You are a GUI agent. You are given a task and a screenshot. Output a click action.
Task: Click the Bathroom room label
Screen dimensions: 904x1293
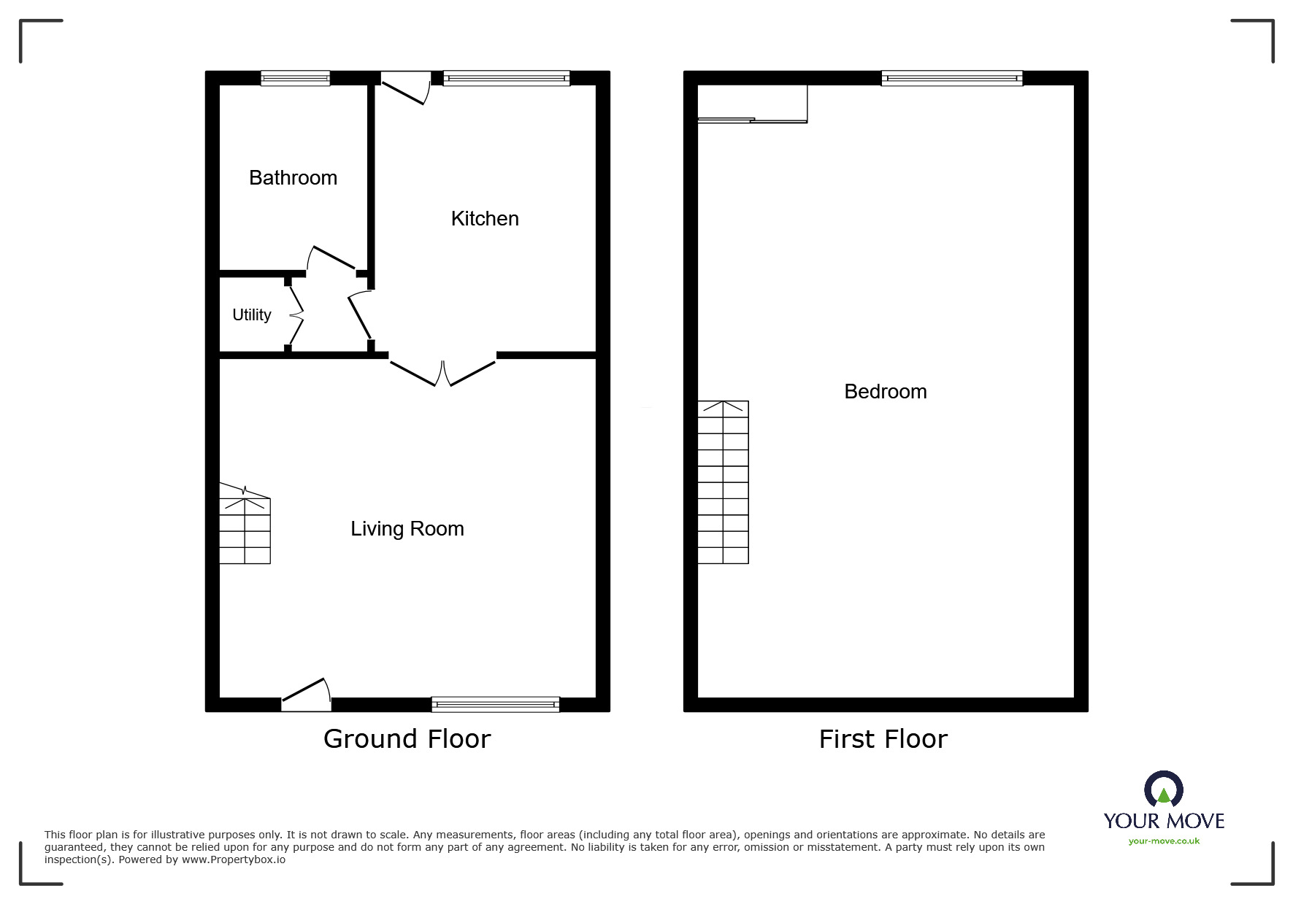click(293, 178)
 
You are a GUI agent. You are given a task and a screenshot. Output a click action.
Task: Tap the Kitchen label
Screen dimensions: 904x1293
click(485, 219)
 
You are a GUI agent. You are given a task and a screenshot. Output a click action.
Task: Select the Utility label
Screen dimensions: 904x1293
click(251, 315)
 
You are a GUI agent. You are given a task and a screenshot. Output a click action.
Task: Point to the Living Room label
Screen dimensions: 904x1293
click(407, 529)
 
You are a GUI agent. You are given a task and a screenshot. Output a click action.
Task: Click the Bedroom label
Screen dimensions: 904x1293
click(885, 392)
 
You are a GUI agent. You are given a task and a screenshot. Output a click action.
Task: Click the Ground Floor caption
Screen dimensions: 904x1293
click(407, 739)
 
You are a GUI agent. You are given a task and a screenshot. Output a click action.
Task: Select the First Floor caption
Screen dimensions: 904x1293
click(883, 739)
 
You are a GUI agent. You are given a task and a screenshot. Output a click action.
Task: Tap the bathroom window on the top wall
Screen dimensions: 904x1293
click(295, 78)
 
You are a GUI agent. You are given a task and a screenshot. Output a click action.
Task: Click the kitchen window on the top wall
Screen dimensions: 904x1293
click(506, 78)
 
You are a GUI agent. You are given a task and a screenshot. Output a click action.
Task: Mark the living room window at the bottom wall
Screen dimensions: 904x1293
click(495, 704)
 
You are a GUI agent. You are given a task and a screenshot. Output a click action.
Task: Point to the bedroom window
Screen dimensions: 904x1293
click(951, 78)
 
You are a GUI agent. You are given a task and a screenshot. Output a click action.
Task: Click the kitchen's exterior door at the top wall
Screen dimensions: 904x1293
click(404, 88)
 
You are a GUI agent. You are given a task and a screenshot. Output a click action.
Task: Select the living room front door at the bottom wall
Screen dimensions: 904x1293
click(307, 695)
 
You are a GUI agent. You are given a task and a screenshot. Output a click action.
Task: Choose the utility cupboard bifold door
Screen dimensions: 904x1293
click(295, 315)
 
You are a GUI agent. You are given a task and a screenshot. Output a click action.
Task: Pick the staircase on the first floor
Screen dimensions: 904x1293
click(723, 482)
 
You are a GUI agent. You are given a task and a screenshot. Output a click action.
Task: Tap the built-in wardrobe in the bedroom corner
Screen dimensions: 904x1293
click(752, 104)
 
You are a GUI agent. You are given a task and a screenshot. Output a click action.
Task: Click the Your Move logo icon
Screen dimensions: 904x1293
click(1163, 789)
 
